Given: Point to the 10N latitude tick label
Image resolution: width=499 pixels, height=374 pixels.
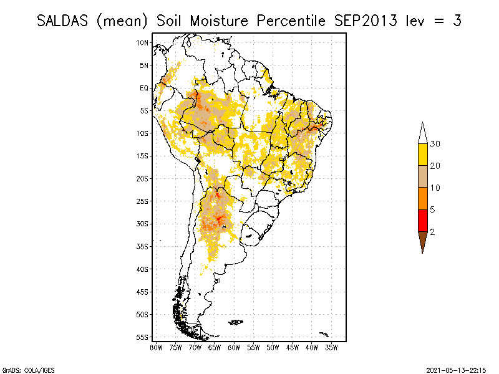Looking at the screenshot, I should (x=143, y=42).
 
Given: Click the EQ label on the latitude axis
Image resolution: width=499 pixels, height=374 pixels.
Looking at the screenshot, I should (x=144, y=88).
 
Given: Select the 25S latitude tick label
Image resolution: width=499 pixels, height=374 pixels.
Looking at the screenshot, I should (x=143, y=201).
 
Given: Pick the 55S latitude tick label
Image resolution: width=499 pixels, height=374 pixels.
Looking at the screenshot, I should (x=143, y=337).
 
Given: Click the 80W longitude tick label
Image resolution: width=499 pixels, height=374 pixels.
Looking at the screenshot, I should (x=156, y=347).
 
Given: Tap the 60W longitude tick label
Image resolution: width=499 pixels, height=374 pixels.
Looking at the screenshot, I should (x=234, y=347).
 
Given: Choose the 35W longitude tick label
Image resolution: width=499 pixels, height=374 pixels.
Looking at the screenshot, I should (x=331, y=347).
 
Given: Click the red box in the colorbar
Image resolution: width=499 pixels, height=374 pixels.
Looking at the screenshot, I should (x=422, y=221).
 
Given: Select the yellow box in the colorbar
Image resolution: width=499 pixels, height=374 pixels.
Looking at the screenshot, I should (x=422, y=155).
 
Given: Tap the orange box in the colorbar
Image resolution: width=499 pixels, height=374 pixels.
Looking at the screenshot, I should (x=422, y=199).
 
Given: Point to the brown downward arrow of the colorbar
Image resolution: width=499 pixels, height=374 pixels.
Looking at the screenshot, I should (x=422, y=241).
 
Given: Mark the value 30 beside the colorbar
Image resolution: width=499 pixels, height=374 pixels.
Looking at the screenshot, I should (x=435, y=144).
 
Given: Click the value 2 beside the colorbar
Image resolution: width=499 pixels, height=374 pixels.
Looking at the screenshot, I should (x=432, y=232).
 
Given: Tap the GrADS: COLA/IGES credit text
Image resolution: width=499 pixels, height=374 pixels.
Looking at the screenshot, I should (x=26, y=368).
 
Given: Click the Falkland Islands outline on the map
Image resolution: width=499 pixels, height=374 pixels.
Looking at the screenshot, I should (x=236, y=322).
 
